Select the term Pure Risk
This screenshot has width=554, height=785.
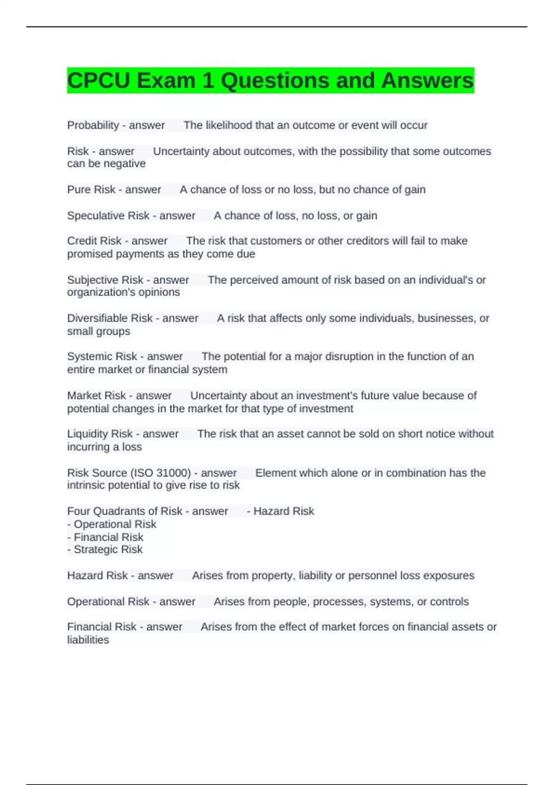pos(91,189)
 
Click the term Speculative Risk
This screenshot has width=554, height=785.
pos(108,216)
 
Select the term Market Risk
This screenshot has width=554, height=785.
pos(96,396)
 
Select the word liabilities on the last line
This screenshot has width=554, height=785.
pos(88,640)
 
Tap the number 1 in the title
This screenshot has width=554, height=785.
pos(208,81)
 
